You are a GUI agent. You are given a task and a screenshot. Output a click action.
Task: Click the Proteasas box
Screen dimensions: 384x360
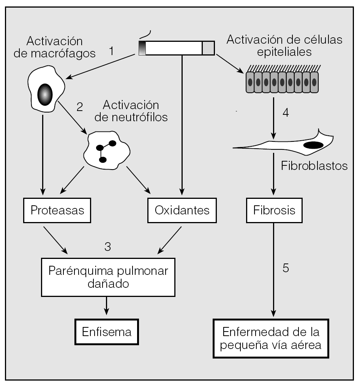pos(58,210)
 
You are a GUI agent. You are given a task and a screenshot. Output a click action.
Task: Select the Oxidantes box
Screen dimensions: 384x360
pos(182,210)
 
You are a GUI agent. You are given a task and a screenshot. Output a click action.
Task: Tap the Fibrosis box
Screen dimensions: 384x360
pos(274,210)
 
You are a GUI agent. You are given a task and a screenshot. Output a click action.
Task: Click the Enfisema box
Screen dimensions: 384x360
pos(107,332)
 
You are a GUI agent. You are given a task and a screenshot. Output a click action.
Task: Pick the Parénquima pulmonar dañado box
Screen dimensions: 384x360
pos(108,277)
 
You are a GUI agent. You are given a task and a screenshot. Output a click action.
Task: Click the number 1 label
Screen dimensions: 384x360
pos(111,51)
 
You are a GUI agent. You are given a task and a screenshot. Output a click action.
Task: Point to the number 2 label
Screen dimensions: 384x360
pos(79,107)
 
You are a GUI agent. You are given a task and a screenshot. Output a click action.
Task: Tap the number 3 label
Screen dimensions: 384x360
pos(107,246)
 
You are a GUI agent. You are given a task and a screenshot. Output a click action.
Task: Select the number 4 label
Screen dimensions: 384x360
pos(286,113)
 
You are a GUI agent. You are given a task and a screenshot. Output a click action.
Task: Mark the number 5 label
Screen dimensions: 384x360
pos(286,268)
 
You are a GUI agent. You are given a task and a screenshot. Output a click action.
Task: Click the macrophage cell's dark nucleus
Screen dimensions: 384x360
pos(45,92)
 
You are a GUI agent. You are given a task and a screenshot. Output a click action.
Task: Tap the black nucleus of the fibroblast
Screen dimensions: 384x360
pos(313,145)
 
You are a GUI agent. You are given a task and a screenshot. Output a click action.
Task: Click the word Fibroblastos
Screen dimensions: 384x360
pos(315,166)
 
